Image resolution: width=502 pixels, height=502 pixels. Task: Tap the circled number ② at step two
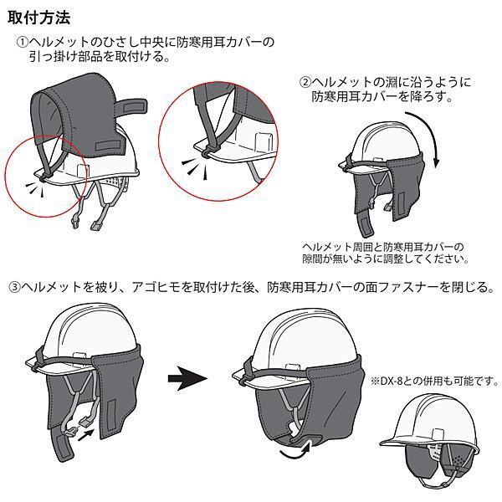tap(306, 82)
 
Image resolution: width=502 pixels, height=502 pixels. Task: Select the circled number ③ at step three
tap(14, 287)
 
